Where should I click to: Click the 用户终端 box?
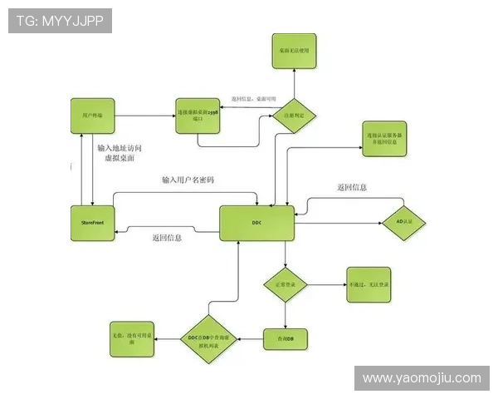tap(91, 112)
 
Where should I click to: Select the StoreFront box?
tap(91, 223)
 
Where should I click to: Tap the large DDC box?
tap(257, 223)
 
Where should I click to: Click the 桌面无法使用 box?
tap(294, 51)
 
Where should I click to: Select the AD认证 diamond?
tap(405, 222)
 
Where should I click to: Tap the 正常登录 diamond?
tap(286, 285)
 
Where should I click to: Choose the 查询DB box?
tap(286, 338)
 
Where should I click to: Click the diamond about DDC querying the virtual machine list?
tap(211, 338)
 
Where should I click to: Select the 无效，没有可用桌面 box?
tap(131, 338)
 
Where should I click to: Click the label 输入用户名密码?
tap(188, 180)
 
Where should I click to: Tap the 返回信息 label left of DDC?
tap(167, 238)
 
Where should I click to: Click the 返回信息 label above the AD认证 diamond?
tap(352, 188)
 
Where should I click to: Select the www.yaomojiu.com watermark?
tap(422, 378)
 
